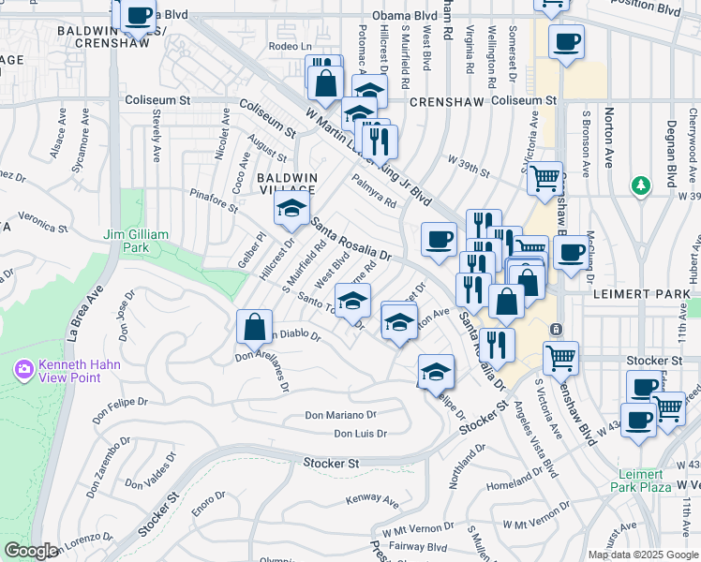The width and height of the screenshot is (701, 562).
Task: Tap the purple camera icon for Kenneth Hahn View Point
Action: [x=23, y=369]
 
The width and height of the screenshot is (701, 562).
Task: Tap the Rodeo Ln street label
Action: [x=290, y=46]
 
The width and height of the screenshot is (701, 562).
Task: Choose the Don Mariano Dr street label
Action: [x=341, y=414]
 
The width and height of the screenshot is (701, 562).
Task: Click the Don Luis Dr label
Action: [x=360, y=433]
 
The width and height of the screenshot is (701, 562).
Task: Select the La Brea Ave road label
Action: [x=82, y=310]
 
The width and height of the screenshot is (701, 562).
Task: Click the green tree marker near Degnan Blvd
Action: [x=641, y=185]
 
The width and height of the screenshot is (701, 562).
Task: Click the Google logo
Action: [x=31, y=551]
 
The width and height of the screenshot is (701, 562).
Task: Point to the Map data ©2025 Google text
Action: [x=643, y=555]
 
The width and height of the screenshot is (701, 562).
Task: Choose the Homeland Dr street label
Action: [x=515, y=485]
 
